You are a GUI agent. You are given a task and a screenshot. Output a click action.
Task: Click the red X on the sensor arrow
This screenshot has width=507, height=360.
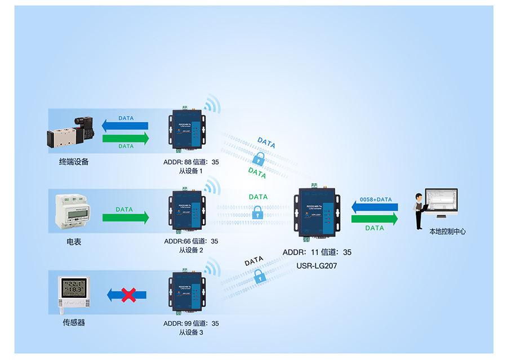pos(129,294)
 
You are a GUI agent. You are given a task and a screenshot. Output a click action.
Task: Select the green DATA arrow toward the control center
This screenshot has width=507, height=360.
pos(374,219)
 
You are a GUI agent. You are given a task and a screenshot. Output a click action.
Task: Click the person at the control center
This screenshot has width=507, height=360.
pos(419,211)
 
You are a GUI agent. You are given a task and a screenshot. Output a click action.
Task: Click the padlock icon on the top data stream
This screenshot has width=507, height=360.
pos(259,158)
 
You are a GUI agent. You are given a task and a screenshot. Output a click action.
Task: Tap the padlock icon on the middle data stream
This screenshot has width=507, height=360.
pos(257,213)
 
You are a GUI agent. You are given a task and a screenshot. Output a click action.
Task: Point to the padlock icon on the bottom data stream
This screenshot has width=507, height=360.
pos(259,276)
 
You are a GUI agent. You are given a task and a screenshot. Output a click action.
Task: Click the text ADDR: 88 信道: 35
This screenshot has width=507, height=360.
pos(190,162)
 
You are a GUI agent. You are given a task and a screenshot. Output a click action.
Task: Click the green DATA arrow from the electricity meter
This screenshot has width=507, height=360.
pos(126,217)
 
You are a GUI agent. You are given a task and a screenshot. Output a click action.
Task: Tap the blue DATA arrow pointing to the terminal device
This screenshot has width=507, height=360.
pos(125,125)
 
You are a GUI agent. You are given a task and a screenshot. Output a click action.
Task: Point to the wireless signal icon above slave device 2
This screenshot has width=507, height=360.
pos(211,185)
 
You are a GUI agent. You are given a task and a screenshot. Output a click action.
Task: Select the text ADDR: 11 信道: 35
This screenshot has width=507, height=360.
pos(317,252)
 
